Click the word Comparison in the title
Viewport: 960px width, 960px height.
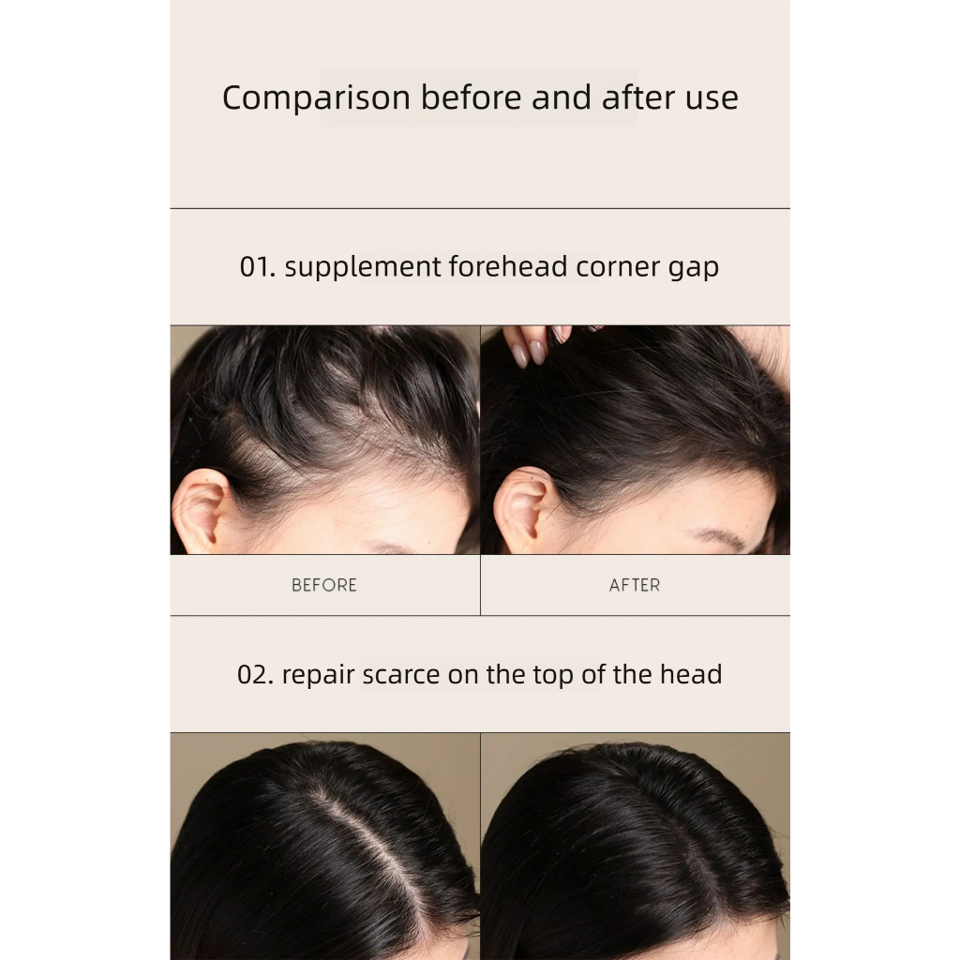316,97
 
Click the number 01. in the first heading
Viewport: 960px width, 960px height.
258,267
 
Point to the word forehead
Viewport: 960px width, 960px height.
508,266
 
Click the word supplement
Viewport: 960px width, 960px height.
363,268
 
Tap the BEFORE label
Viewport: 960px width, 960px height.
324,585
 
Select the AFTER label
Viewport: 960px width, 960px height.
635,585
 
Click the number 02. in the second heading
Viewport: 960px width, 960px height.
256,675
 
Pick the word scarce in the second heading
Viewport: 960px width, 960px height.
401,675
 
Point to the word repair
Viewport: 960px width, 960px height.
319,677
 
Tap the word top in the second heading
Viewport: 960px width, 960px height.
553,676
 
